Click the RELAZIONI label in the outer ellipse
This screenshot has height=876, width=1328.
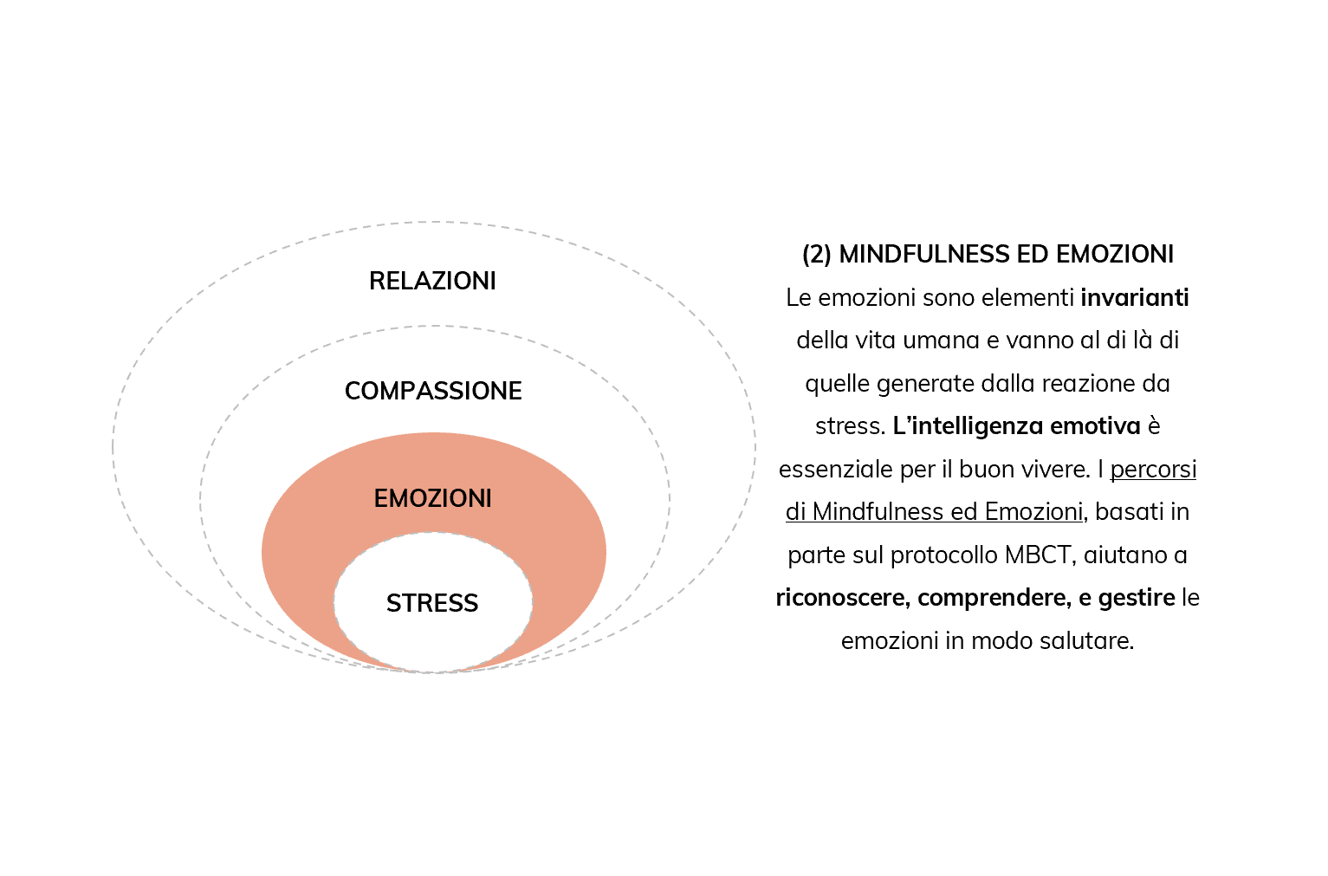point(432,281)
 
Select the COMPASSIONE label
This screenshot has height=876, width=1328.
point(433,392)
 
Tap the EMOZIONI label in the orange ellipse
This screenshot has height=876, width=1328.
point(433,499)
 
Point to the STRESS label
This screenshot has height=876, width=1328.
point(432,603)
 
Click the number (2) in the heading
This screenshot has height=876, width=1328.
point(816,255)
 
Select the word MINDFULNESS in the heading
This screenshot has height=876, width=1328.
point(923,255)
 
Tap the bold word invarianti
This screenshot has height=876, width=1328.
point(1134,298)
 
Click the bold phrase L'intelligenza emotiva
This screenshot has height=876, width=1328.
point(1016,425)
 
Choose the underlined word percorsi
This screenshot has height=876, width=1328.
point(1153,470)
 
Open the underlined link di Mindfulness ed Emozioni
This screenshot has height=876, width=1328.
point(935,512)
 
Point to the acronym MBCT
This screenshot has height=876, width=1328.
point(1040,555)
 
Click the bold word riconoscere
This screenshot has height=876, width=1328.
point(842,598)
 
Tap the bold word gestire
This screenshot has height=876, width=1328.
point(1137,598)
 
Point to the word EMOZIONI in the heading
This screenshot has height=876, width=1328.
point(1115,255)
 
